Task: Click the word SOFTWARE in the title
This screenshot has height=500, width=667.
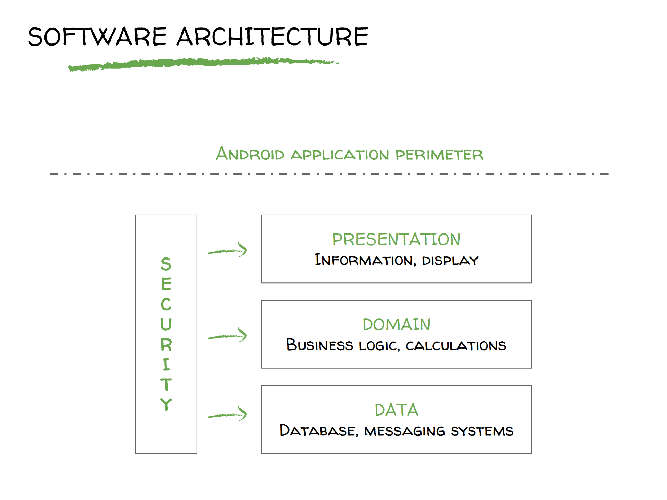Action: click(97, 36)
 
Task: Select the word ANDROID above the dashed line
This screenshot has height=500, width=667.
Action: click(250, 154)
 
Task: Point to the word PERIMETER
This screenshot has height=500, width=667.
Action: click(439, 155)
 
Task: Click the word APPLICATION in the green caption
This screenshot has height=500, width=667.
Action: click(340, 155)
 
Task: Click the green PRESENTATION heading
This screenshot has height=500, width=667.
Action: click(396, 239)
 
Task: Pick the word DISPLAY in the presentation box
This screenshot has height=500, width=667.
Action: click(450, 261)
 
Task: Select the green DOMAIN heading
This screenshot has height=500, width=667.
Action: click(396, 325)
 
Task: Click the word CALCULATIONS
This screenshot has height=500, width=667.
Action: click(456, 346)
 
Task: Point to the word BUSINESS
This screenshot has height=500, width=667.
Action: click(319, 345)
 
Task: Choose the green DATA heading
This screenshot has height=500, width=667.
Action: click(396, 410)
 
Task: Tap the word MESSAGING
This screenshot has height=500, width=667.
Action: click(405, 431)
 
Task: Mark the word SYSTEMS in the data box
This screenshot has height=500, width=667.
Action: click(482, 431)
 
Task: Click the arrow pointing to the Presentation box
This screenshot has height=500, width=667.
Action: click(227, 251)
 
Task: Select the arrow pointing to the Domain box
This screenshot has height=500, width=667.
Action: click(227, 336)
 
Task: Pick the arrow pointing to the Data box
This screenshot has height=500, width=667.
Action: click(227, 415)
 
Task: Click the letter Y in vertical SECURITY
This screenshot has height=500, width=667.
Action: click(166, 404)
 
